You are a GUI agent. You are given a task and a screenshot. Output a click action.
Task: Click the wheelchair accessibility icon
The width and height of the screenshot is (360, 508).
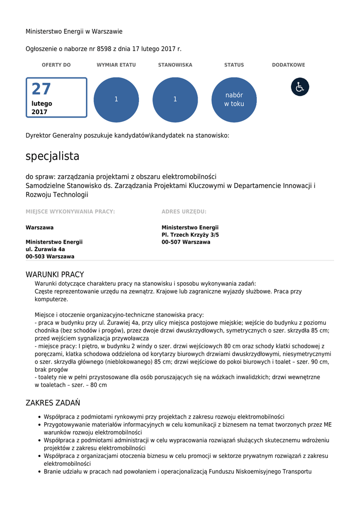click(x=300, y=87)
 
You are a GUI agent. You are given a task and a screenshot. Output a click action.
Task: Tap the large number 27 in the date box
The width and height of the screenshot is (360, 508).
click(x=41, y=89)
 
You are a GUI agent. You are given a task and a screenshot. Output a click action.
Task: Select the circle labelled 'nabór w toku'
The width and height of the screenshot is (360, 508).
click(x=234, y=100)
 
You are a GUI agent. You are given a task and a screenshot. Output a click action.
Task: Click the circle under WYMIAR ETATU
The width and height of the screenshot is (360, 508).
click(x=116, y=100)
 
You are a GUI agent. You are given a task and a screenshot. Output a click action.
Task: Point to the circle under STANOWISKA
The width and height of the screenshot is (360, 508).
click(x=175, y=100)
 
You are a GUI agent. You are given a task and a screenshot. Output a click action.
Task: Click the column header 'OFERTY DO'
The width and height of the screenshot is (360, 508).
click(x=56, y=65)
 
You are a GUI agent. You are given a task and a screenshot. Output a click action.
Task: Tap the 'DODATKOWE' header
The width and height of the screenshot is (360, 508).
click(x=288, y=65)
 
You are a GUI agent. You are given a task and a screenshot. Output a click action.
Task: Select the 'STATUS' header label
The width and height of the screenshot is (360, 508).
click(x=234, y=65)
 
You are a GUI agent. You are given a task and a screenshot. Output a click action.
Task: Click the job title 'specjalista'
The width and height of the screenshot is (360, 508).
click(x=53, y=156)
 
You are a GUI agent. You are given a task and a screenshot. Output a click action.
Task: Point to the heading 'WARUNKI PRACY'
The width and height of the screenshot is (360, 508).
click(x=55, y=274)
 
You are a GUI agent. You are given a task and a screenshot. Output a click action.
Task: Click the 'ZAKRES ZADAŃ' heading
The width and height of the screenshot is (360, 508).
click(x=53, y=403)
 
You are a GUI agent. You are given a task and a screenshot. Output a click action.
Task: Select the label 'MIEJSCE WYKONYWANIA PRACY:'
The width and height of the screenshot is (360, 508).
click(x=71, y=211)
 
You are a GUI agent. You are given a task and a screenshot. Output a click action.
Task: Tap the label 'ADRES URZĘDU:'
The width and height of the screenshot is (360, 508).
click(x=184, y=211)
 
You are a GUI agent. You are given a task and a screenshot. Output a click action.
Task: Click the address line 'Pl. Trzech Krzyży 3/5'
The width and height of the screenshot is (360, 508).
click(x=190, y=235)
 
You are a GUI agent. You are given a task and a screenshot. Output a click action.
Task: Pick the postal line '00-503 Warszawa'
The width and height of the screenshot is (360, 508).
click(x=50, y=256)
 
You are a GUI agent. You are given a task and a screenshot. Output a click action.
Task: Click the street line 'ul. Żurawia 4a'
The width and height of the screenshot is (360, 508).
click(x=45, y=249)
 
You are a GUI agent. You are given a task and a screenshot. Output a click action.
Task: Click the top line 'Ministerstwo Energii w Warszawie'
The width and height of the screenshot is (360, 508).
click(x=74, y=32)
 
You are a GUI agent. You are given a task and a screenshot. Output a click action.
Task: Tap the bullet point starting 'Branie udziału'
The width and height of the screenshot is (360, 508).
click(x=177, y=471)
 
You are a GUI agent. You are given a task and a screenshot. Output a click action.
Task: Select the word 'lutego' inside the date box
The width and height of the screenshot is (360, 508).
click(x=42, y=104)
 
